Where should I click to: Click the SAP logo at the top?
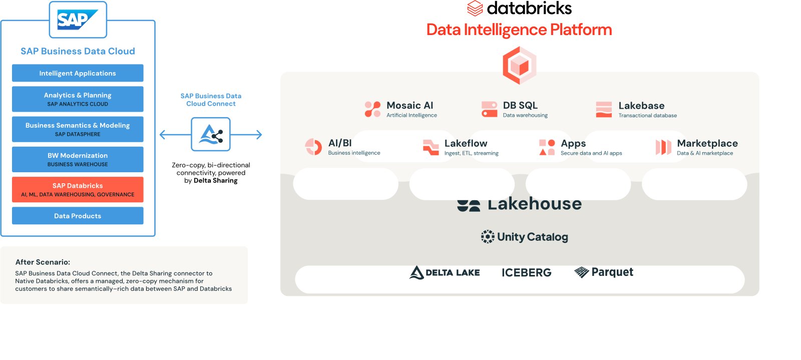[78, 20]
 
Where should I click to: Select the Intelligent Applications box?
[78, 73]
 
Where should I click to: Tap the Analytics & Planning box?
[78, 99]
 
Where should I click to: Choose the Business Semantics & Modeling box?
[78, 129]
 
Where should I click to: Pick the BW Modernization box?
[78, 159]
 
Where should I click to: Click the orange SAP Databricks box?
[78, 189]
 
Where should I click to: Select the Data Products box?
[78, 216]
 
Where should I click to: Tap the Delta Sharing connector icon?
[211, 134]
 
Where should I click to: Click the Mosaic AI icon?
[372, 109]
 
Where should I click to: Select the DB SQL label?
[520, 106]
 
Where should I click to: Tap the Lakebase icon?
[604, 109]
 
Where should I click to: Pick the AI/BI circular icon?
[314, 147]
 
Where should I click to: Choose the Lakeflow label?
[466, 144]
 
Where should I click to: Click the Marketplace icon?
[663, 147]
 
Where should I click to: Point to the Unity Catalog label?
[532, 237]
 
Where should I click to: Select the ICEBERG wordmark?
[526, 272]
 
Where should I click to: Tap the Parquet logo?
[604, 272]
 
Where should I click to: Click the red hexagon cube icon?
[520, 65]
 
